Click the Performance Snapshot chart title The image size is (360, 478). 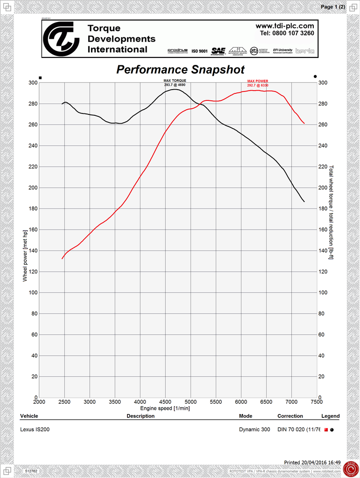tap(180, 70)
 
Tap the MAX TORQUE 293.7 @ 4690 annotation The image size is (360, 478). tap(175, 83)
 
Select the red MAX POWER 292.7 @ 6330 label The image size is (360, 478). tap(258, 83)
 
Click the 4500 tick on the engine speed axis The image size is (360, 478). tap(165, 401)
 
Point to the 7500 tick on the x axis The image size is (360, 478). tap(316, 401)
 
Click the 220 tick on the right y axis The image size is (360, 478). tap(323, 167)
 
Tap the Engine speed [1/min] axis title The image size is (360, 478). tap(165, 408)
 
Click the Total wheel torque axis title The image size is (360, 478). tap(331, 212)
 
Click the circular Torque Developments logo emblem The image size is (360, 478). tap(61, 38)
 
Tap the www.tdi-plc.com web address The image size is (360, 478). tap(284, 26)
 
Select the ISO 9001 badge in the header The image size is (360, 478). tap(199, 51)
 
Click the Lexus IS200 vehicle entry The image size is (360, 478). tap(35, 429)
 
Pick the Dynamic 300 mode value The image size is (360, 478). tap(254, 429)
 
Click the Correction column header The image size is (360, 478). tap(290, 416)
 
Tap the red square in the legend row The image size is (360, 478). tap(326, 429)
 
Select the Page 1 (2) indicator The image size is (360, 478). tap(333, 7)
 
